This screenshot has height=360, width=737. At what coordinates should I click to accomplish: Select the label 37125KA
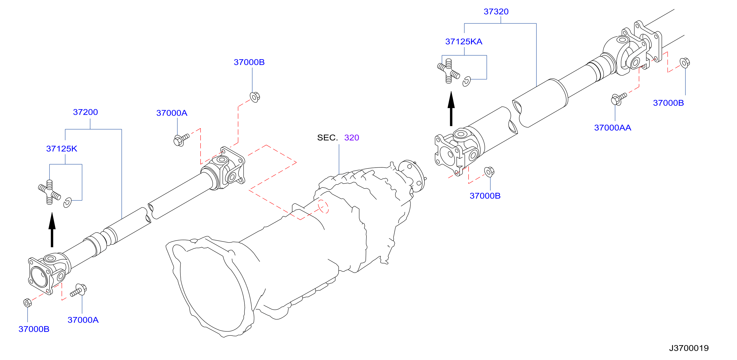(463, 41)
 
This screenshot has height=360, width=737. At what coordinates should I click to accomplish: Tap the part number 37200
(85, 112)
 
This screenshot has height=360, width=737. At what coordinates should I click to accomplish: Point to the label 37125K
(62, 148)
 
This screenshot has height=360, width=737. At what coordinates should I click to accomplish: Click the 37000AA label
(613, 128)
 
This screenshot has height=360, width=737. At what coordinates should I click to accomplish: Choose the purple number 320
(352, 138)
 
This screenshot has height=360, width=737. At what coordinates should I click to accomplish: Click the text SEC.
(327, 138)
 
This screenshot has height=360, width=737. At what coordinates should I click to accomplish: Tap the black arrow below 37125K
(52, 229)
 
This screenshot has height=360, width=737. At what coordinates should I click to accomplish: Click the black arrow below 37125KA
(451, 109)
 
